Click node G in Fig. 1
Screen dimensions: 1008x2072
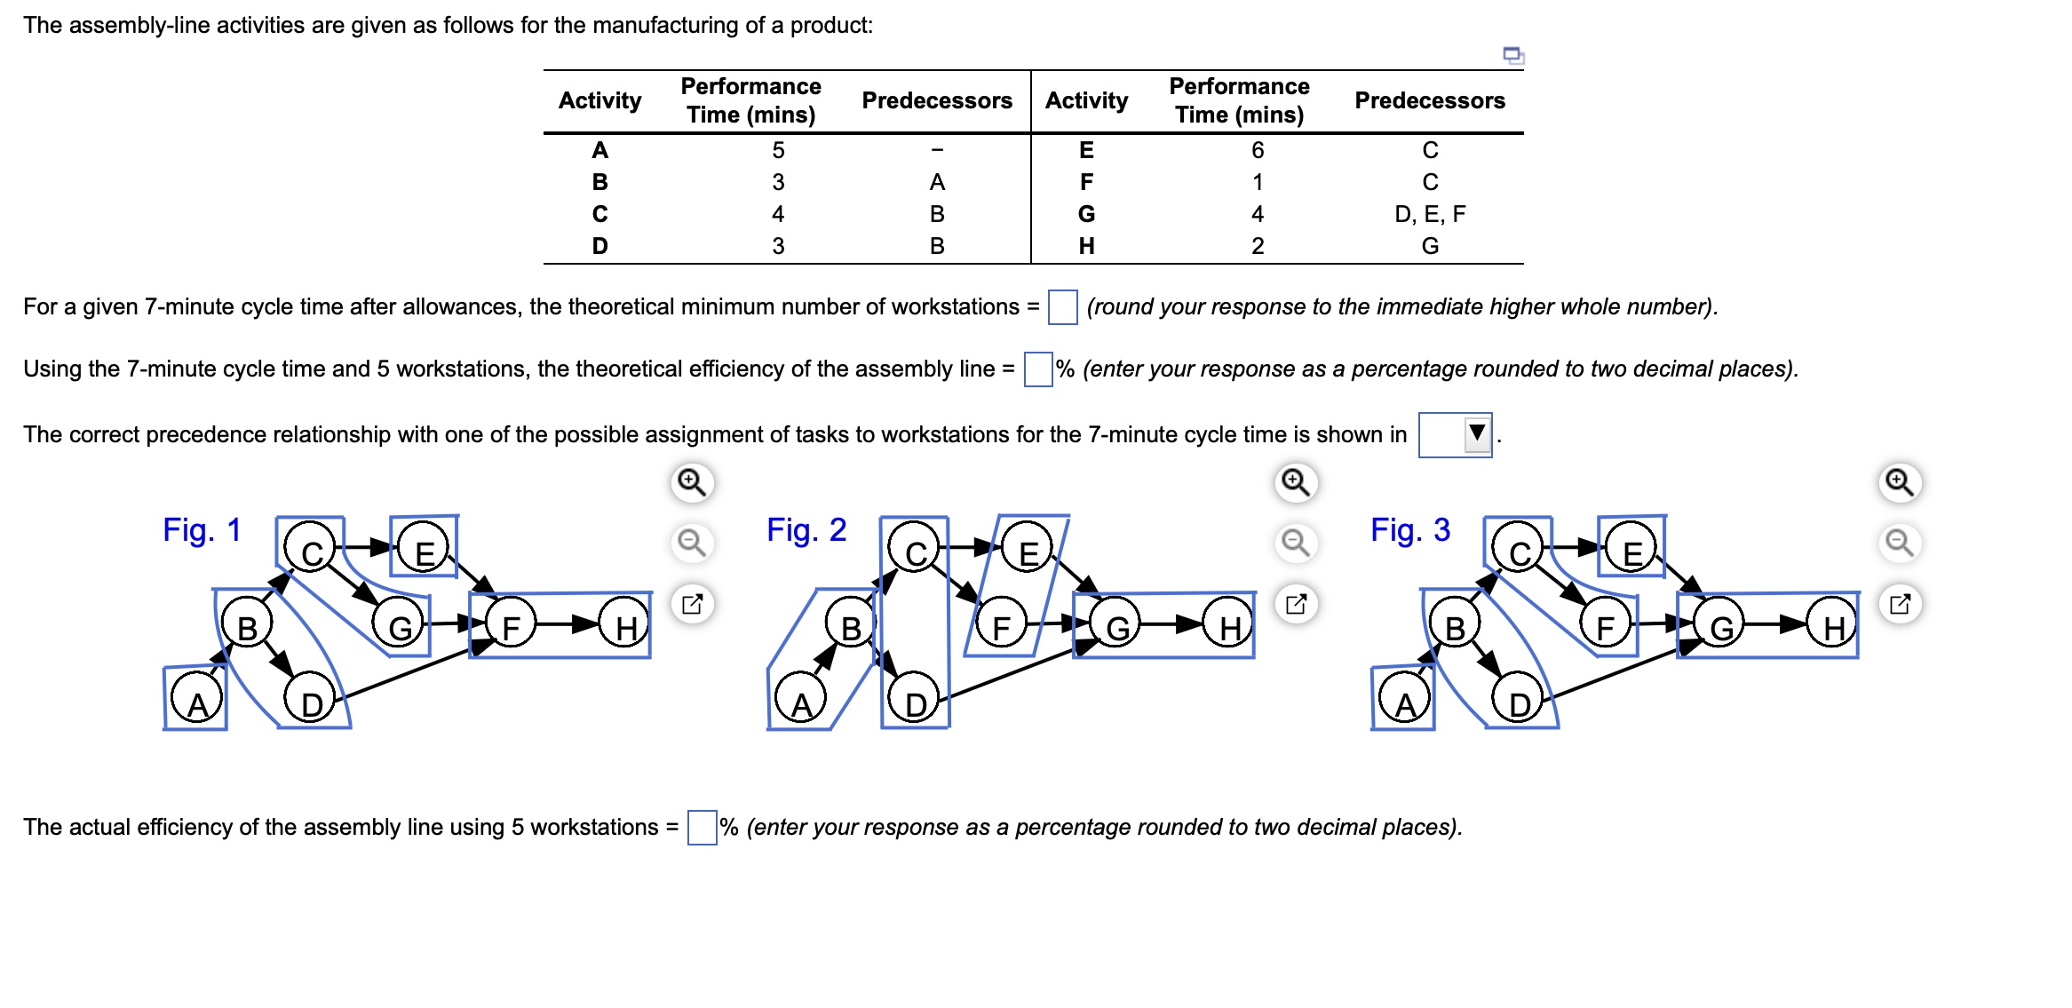click(x=401, y=627)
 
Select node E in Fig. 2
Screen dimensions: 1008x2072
click(x=1028, y=552)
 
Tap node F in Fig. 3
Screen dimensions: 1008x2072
click(x=1605, y=627)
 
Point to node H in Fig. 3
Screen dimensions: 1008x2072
click(x=1833, y=627)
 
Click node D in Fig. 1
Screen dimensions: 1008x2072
click(x=311, y=703)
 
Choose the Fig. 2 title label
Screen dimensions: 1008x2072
click(x=806, y=530)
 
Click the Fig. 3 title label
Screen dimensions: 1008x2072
click(x=1409, y=530)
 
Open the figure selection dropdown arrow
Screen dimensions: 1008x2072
click(x=1477, y=433)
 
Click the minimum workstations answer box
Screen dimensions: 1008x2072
click(x=1062, y=307)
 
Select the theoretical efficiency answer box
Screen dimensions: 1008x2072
click(x=1037, y=369)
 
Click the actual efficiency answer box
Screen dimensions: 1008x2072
click(x=702, y=828)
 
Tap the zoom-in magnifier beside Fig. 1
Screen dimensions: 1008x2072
click(x=691, y=482)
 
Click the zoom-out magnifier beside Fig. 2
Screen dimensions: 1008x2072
click(x=1296, y=542)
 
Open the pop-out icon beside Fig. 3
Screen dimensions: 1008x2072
click(x=1900, y=604)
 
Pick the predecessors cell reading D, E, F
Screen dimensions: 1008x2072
click(x=1429, y=214)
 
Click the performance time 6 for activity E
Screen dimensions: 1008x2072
click(x=1257, y=150)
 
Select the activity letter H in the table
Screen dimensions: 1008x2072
click(x=1086, y=246)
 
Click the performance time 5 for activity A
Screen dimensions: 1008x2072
click(x=778, y=150)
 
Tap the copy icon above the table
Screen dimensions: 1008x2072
click(x=1512, y=56)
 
